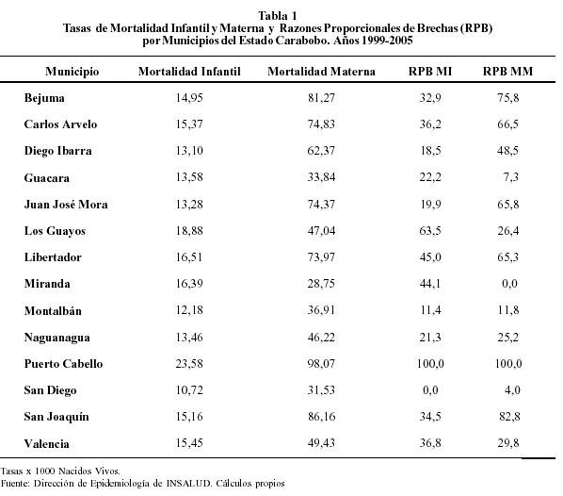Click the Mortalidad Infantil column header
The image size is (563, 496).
[189, 72]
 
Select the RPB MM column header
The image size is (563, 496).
[507, 72]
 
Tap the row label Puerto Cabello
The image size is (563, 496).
[64, 364]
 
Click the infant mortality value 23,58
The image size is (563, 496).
[189, 364]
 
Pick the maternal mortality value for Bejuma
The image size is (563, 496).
[321, 97]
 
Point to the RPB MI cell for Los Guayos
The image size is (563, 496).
[430, 231]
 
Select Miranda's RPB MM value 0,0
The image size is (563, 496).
[510, 284]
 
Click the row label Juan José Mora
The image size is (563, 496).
[66, 204]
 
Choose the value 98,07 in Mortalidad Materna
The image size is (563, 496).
[321, 364]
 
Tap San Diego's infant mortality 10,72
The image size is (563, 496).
[189, 389]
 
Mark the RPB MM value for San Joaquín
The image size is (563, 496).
[509, 417]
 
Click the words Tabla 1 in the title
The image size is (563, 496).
[278, 16]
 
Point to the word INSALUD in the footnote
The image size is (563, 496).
[189, 483]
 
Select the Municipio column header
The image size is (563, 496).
[72, 72]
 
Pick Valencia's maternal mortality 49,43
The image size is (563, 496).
[321, 443]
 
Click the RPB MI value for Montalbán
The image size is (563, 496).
[430, 310]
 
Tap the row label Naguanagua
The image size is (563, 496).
[57, 338]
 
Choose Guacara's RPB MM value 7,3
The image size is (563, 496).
[511, 177]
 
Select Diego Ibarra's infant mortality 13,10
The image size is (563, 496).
[189, 150]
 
